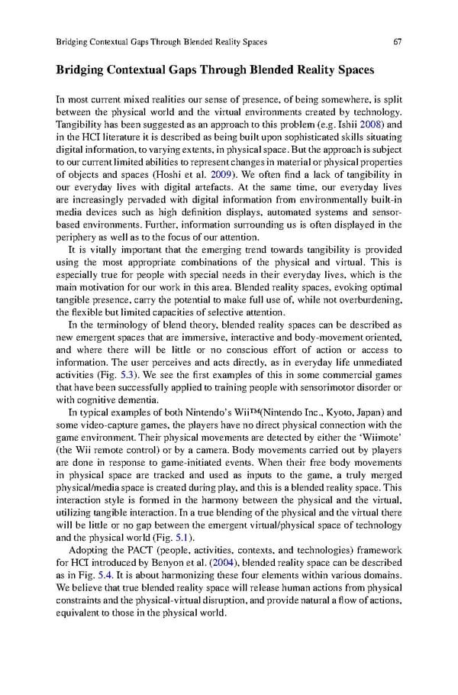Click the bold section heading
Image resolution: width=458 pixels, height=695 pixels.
tap(215, 70)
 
